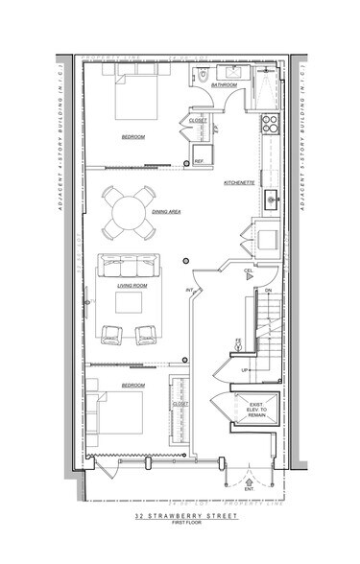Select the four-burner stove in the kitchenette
pyautogui.click(x=270, y=123)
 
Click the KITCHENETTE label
pyautogui.click(x=238, y=181)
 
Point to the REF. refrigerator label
pyautogui.click(x=199, y=161)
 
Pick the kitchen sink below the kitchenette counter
pyautogui.click(x=272, y=200)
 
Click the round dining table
pyautogui.click(x=128, y=211)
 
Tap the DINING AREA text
pyautogui.click(x=167, y=210)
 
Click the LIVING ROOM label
pyautogui.click(x=132, y=284)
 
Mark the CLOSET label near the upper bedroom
pyautogui.click(x=197, y=120)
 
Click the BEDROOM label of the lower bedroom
pyautogui.click(x=132, y=385)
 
